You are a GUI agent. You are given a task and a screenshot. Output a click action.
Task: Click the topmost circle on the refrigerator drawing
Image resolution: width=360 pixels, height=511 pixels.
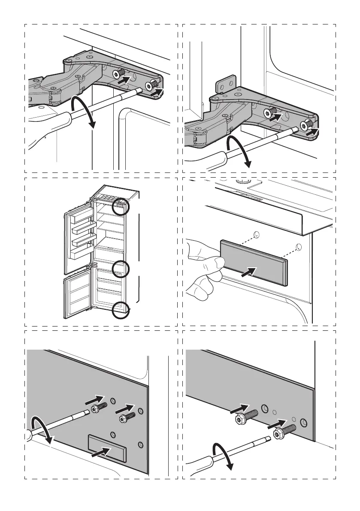(121, 207)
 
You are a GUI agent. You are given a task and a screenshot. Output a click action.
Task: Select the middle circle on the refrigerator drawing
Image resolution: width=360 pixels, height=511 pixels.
(120, 269)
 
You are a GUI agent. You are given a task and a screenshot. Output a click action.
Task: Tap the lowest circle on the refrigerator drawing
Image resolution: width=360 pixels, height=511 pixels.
(120, 310)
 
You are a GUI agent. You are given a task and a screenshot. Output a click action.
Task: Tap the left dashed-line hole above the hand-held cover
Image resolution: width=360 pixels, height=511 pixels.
(256, 234)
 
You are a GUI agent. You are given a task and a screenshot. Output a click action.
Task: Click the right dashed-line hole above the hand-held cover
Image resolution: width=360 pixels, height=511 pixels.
(299, 247)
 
